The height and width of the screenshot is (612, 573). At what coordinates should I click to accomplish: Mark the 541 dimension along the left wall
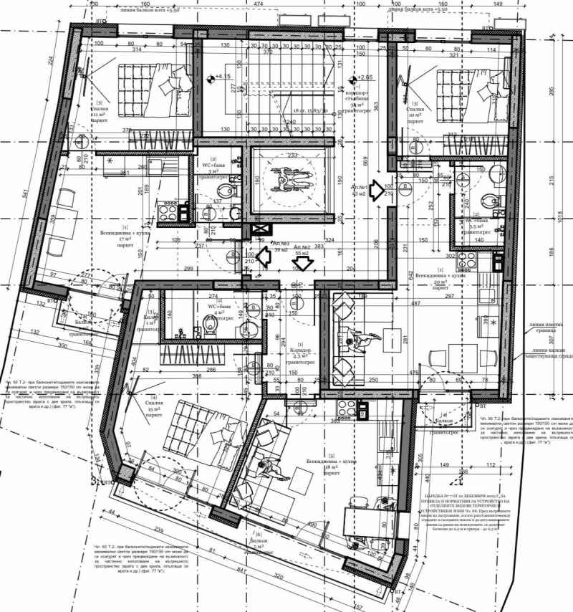click(x=27, y=193)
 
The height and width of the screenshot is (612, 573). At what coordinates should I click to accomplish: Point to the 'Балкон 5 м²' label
click(x=259, y=544)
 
